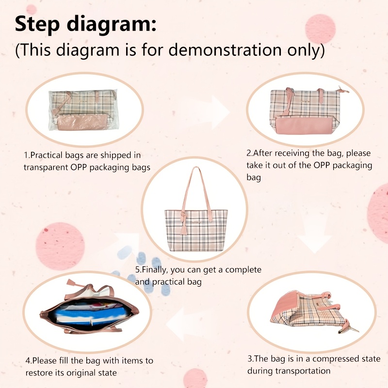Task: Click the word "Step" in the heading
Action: (37, 24)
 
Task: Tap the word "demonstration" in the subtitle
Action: (226, 49)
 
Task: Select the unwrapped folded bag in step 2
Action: (309, 111)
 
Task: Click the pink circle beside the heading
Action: (320, 29)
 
